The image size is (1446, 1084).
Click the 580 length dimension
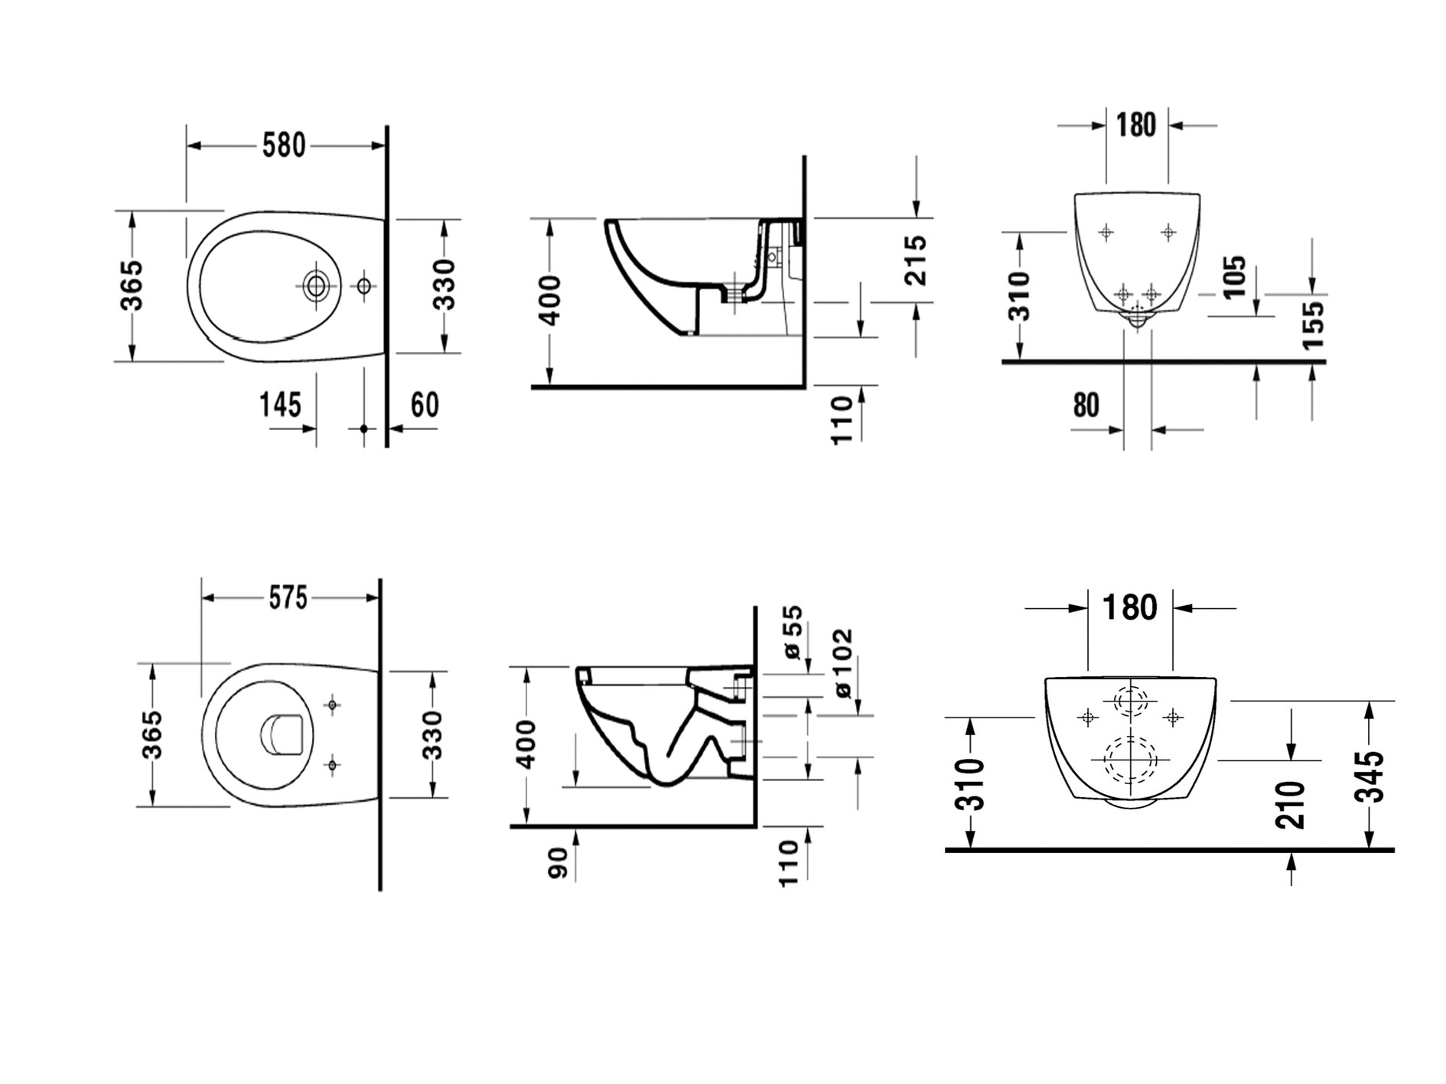pos(284,145)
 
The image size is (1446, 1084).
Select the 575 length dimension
pos(288,597)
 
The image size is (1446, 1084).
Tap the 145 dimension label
pos(281,405)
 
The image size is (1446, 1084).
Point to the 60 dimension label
pos(425,405)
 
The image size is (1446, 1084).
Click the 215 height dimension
pos(915,260)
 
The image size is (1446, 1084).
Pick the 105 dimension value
pos(1234,276)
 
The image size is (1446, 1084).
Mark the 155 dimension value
pos(1312,325)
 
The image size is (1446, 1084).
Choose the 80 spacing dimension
pos(1086,405)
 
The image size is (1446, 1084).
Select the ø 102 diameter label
pos(842,663)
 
